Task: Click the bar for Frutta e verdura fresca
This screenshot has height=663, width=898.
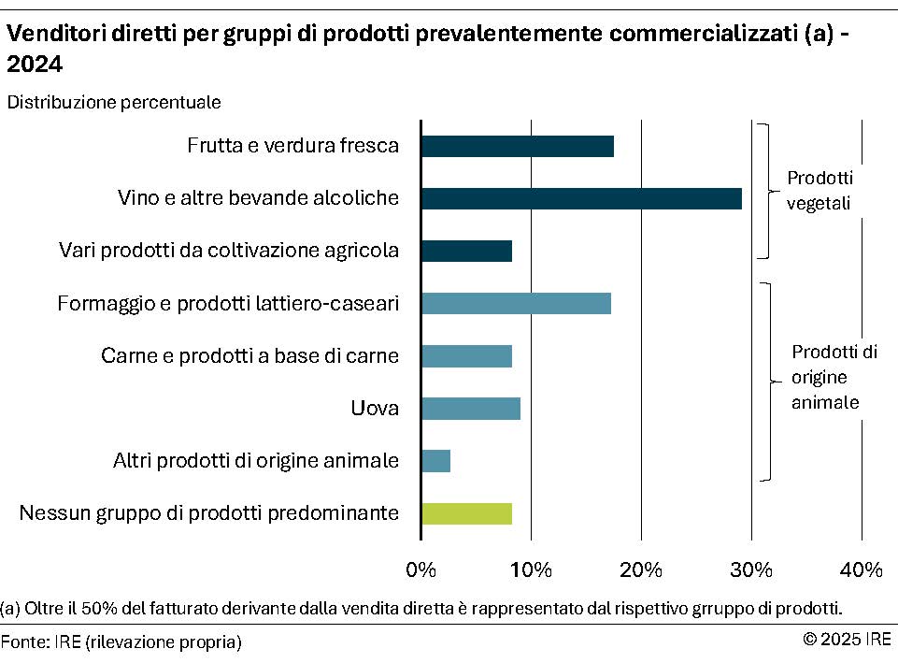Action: coord(517,146)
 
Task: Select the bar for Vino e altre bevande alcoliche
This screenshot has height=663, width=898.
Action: coord(581,198)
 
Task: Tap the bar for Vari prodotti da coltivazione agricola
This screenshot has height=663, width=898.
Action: coord(466,251)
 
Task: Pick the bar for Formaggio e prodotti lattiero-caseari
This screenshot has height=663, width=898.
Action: coord(516,303)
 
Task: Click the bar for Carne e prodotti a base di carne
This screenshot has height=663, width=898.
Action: coord(466,356)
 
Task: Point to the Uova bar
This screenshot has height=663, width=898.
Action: coord(470,409)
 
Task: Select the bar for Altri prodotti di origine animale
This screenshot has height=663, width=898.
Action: coord(435,461)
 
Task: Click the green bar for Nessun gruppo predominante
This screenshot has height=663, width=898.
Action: coord(466,513)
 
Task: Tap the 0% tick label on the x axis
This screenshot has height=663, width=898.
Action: coord(421,569)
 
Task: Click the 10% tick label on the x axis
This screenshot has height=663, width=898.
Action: coord(531,569)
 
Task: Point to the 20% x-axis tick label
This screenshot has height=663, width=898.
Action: coord(641,569)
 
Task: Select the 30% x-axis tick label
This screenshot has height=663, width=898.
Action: coord(751,569)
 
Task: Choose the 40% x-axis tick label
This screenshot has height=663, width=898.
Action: coord(862,569)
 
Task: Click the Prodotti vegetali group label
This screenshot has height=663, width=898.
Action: coord(820,191)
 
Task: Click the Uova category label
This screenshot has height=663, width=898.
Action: coord(375,409)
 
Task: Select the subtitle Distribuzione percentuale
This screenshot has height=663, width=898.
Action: coord(114,102)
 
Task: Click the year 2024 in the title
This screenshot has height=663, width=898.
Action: coord(35,65)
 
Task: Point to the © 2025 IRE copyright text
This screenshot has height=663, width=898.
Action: coord(847,640)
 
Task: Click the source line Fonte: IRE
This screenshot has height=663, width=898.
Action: coord(121,641)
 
